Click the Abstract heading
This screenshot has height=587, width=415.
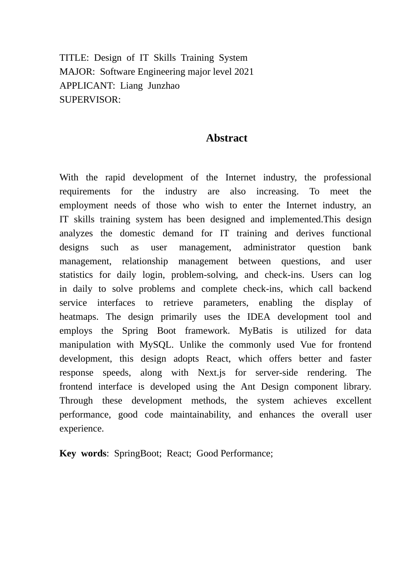[x=226, y=138]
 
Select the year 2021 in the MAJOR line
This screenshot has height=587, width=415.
[x=244, y=72]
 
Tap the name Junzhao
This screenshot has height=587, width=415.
[x=163, y=86]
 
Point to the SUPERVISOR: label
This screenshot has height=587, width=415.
[x=90, y=100]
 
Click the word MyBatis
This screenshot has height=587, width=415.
[x=256, y=331]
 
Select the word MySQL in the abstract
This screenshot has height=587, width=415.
[x=156, y=345]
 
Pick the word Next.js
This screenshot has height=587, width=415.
[x=211, y=373]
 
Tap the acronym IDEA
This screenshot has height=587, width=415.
[x=259, y=317]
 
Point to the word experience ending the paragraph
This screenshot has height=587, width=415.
[x=81, y=429]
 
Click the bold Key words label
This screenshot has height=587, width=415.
[x=83, y=454]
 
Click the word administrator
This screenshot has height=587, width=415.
[x=269, y=248]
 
